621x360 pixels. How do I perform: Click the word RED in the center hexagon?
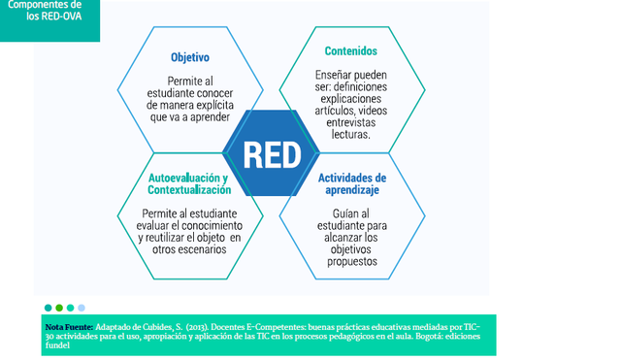click(272, 153)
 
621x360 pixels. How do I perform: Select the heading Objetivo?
click(190, 57)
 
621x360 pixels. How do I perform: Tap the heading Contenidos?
click(351, 50)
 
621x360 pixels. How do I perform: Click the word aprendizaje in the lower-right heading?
click(352, 191)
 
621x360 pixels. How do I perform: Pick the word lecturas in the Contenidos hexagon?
click(350, 134)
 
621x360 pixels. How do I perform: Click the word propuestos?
click(352, 262)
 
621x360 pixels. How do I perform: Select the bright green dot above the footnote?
click(59, 308)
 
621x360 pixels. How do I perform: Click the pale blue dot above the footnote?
click(82, 308)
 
